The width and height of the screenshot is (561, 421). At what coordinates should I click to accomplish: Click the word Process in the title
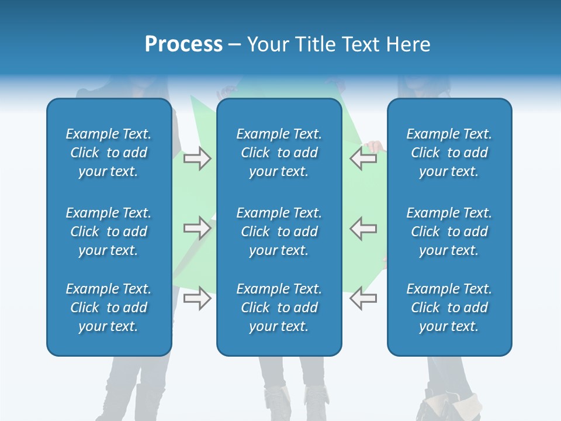point(183,44)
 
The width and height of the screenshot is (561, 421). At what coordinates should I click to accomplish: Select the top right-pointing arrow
point(198,158)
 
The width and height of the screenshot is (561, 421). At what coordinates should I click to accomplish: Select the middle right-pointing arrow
point(198,228)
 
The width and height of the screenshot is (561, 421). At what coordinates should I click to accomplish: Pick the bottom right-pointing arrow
point(198,298)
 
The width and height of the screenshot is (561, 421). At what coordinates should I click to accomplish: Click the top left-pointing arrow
point(363,158)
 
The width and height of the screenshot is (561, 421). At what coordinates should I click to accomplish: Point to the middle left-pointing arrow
point(363,228)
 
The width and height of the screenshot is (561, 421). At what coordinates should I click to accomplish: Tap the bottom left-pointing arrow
point(363,298)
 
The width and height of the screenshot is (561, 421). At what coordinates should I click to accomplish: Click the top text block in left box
point(109,153)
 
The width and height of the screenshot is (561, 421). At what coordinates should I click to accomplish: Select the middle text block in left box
point(109,232)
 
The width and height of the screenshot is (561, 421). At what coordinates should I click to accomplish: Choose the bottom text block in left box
point(109,308)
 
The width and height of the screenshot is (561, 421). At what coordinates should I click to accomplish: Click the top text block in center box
point(279,153)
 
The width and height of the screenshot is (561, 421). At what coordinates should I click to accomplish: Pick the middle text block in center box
point(279,232)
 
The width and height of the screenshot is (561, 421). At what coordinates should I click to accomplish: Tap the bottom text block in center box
point(279,308)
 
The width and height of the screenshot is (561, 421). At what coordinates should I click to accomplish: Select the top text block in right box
point(449,153)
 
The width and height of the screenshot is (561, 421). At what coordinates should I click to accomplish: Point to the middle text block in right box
point(449,232)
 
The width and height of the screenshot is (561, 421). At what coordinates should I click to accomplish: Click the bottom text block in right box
point(449,308)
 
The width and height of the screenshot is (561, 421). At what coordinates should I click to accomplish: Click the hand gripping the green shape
point(373,146)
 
